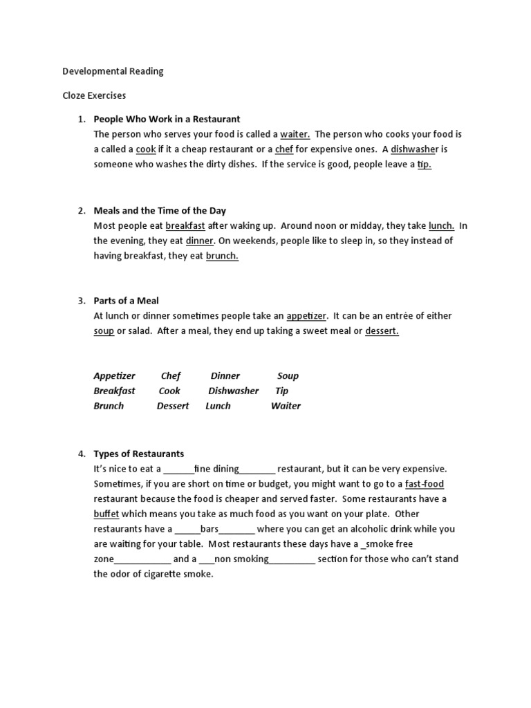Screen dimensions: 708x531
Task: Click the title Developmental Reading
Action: [113, 71]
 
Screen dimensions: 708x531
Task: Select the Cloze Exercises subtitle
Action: [95, 95]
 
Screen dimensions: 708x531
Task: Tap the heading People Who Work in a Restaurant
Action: [167, 119]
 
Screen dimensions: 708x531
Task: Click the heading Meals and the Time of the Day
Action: [160, 211]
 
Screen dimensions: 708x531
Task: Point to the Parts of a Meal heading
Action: [127, 301]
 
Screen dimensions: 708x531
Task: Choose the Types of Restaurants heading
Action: [139, 454]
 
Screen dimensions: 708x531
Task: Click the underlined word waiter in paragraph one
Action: [295, 134]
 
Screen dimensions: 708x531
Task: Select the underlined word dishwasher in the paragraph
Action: [415, 149]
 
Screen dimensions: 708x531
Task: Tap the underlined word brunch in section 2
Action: [222, 256]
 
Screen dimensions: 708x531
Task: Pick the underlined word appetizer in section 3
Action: [306, 316]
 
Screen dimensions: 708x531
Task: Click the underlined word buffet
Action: [106, 514]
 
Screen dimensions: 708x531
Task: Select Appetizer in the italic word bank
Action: [115, 376]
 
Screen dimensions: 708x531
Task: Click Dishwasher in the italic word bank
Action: [234, 391]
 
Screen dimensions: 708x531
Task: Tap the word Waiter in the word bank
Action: [286, 406]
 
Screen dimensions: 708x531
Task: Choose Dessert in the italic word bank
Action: [173, 406]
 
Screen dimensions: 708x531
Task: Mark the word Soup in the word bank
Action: [288, 376]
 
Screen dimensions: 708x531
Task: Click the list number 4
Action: [81, 454]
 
